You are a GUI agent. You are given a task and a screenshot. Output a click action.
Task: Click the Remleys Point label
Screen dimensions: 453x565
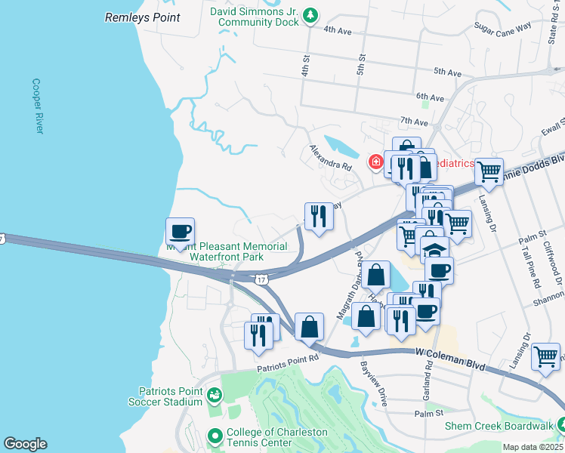click(142, 17)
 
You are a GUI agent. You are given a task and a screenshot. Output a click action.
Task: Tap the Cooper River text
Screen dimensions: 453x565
click(37, 106)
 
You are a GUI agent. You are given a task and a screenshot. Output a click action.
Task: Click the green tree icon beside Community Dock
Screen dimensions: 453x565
click(310, 16)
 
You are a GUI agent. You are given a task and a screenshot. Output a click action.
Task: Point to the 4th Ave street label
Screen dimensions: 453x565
click(338, 29)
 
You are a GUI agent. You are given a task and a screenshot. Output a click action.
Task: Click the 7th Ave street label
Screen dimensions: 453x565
click(415, 121)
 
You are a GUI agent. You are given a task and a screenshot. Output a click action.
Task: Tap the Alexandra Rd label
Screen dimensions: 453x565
click(330, 158)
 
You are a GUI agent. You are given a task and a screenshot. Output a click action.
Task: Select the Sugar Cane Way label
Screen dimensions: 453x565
click(502, 29)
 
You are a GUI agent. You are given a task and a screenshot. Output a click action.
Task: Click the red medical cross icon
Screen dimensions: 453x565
click(375, 162)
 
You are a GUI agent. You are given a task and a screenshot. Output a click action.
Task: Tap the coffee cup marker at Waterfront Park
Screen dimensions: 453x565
click(181, 231)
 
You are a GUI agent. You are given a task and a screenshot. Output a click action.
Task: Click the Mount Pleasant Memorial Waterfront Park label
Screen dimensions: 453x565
click(227, 252)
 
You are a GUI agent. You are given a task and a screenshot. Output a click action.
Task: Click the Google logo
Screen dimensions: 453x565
click(25, 444)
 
